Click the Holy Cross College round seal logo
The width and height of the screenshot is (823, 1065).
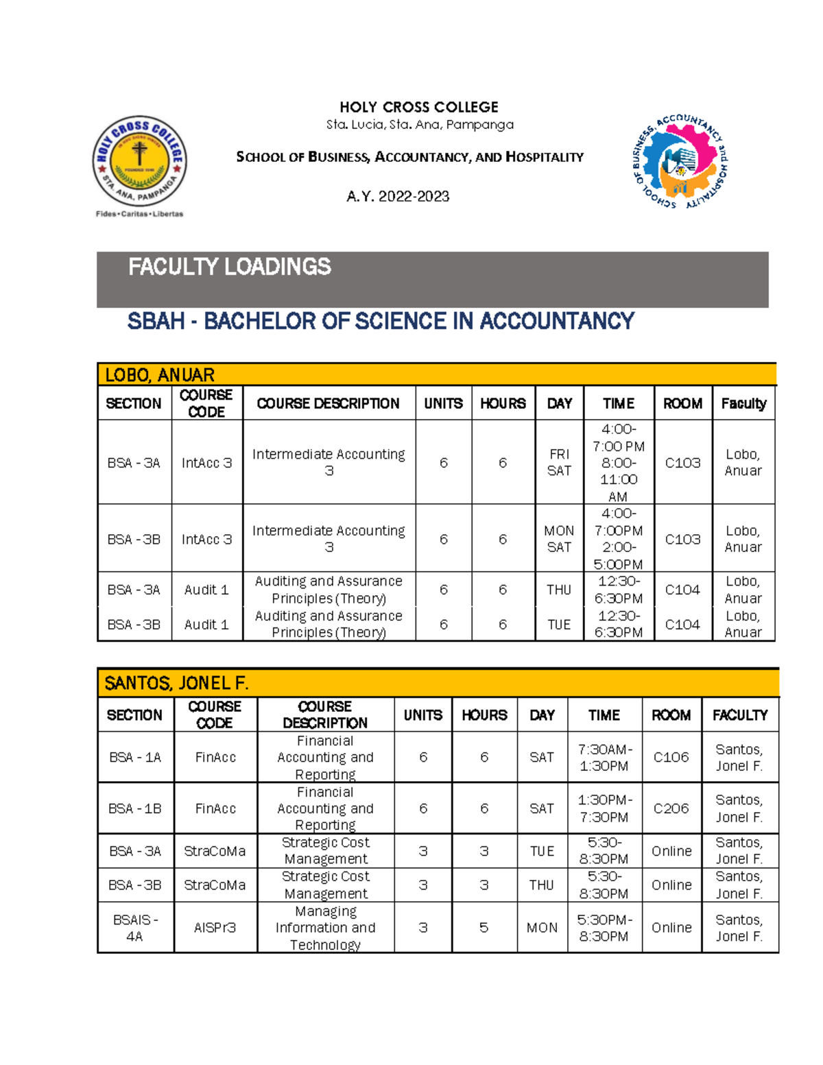pyautogui.click(x=140, y=162)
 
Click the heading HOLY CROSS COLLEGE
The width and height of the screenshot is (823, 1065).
pyautogui.click(x=419, y=107)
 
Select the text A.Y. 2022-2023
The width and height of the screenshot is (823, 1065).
pyautogui.click(x=398, y=197)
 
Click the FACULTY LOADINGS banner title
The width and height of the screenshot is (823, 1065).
pyautogui.click(x=229, y=267)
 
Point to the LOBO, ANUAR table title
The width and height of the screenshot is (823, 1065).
pyautogui.click(x=159, y=375)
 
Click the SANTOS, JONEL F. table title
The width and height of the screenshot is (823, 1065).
pyautogui.click(x=176, y=683)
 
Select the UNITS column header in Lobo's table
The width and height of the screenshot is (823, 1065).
pyautogui.click(x=443, y=403)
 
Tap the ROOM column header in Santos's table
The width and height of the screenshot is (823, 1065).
pyautogui.click(x=671, y=715)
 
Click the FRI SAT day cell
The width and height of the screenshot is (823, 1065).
pyautogui.click(x=559, y=462)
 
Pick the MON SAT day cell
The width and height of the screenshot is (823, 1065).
pyautogui.click(x=559, y=539)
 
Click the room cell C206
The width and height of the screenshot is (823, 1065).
pyautogui.click(x=671, y=809)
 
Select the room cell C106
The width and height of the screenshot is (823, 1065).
pyautogui.click(x=671, y=757)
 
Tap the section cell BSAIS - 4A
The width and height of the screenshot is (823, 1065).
pyautogui.click(x=135, y=928)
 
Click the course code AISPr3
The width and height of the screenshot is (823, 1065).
pyautogui.click(x=215, y=928)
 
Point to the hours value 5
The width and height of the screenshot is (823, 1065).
pyautogui.click(x=484, y=928)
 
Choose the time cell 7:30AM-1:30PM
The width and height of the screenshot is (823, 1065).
pyautogui.click(x=604, y=757)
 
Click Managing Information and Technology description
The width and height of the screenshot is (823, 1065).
pyautogui.click(x=325, y=928)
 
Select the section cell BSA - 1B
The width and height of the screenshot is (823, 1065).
pyautogui.click(x=135, y=809)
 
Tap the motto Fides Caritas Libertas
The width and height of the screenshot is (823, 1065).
pyautogui.click(x=140, y=214)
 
